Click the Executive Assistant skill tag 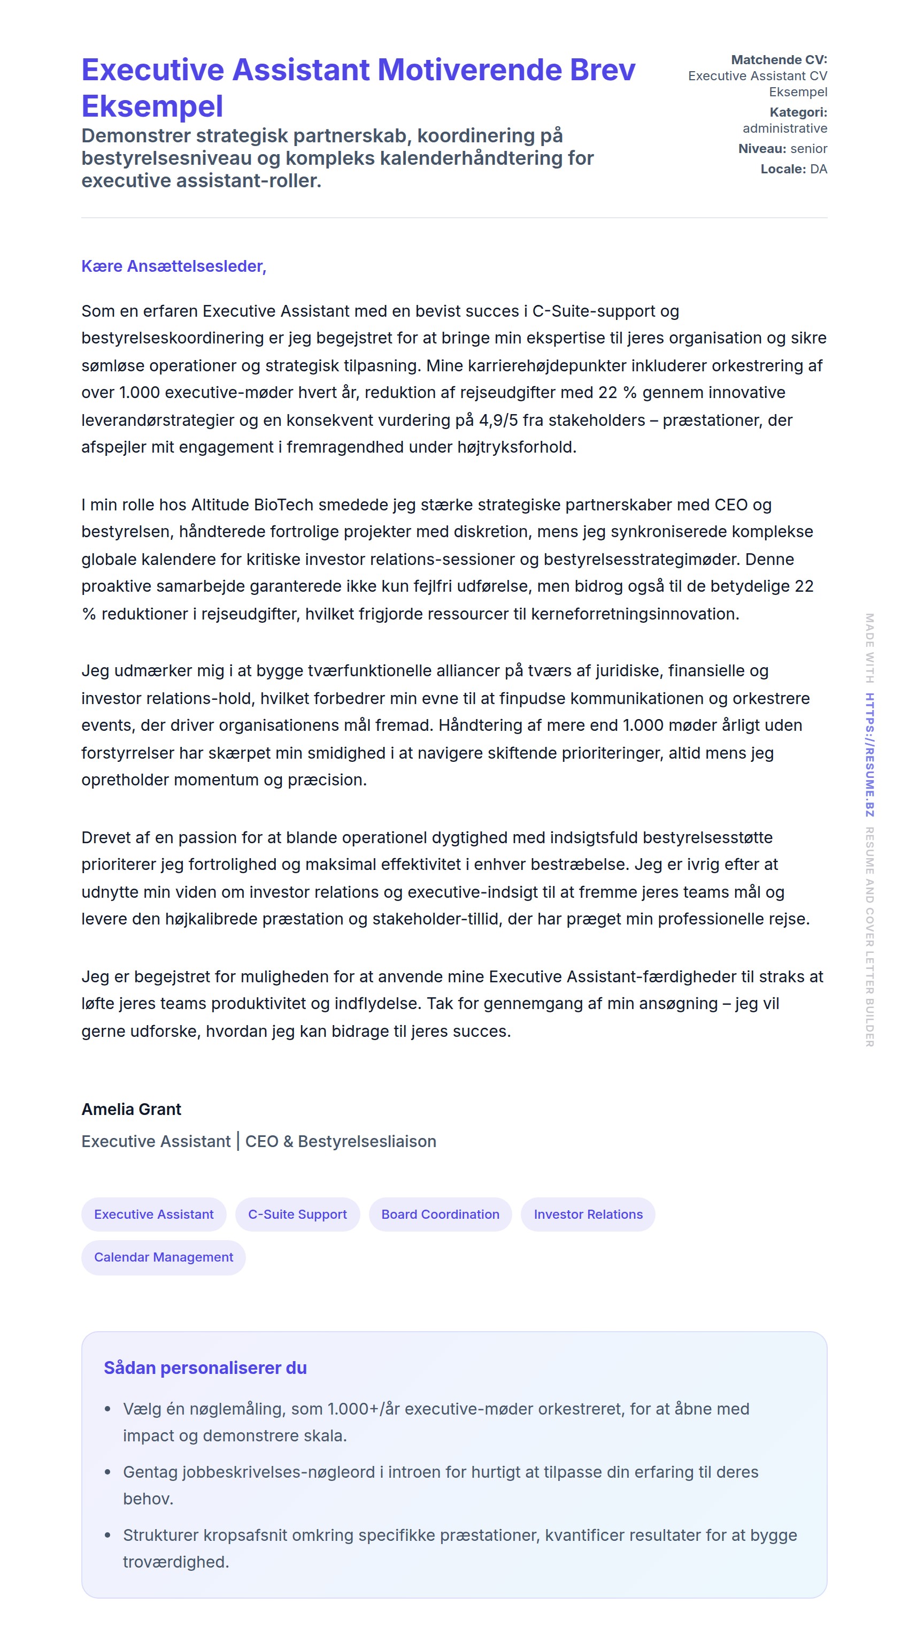point(153,1214)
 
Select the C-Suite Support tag point(298,1214)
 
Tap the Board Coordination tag point(441,1214)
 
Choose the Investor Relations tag point(588,1214)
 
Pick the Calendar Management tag point(163,1257)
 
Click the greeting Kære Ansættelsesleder point(173,266)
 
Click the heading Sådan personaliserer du point(205,1368)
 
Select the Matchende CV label point(779,59)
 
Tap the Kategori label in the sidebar point(798,112)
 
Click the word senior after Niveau point(808,149)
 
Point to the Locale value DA point(818,169)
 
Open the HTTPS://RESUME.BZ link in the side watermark point(869,754)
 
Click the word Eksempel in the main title point(152,106)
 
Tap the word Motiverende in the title point(470,70)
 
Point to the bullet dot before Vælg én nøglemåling point(107,1409)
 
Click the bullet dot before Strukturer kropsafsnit point(107,1536)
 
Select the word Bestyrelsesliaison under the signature point(367,1141)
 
